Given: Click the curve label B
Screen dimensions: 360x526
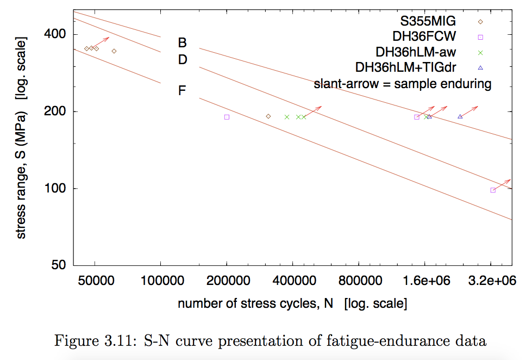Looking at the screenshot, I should pyautogui.click(x=183, y=42).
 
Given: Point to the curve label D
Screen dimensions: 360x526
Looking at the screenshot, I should pyautogui.click(x=183, y=59).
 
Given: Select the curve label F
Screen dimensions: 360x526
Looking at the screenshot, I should pyautogui.click(x=183, y=90).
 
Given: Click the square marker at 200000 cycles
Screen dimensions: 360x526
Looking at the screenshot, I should pyautogui.click(x=227, y=117).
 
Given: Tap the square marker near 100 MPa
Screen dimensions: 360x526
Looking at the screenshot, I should pyautogui.click(x=493, y=190).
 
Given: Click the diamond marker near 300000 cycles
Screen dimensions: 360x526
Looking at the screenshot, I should pyautogui.click(x=268, y=116).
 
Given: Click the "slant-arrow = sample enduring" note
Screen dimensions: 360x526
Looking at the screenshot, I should pyautogui.click(x=403, y=84).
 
